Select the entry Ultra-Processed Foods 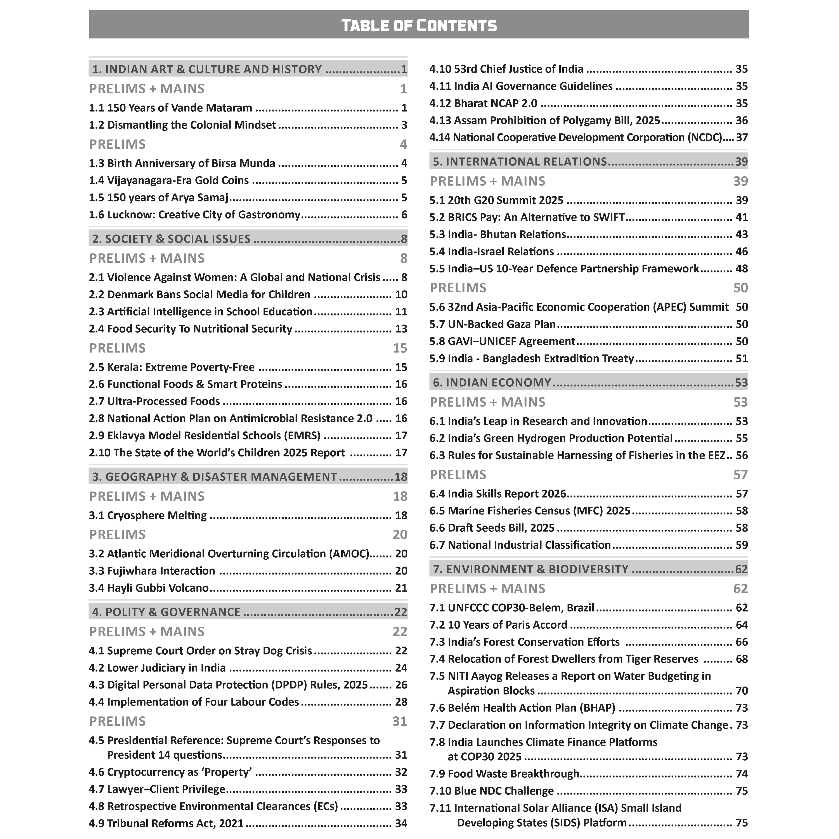click(x=155, y=401)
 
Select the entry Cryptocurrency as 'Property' click(x=171, y=772)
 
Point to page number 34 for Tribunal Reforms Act click(x=401, y=823)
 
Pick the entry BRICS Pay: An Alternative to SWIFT click(x=527, y=217)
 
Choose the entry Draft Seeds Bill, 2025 click(x=492, y=528)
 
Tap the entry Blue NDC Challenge click(x=492, y=791)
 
